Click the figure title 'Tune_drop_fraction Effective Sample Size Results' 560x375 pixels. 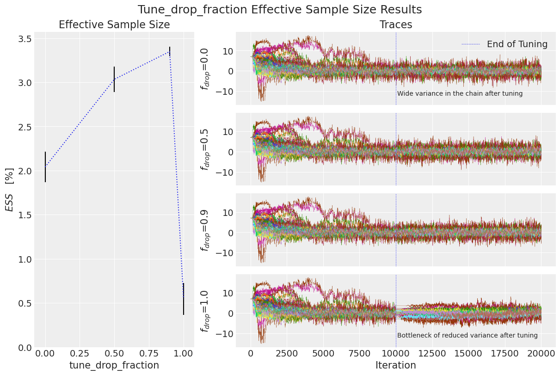coord(280,10)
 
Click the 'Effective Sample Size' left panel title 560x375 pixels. coord(114,25)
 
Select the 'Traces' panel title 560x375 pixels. coord(396,25)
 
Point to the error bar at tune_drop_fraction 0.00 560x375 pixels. coord(45,167)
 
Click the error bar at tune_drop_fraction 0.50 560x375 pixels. coord(114,79)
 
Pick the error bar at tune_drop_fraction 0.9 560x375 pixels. coord(170,51)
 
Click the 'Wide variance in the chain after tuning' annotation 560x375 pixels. coord(460,93)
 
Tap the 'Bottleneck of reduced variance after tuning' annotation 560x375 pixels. coord(467,335)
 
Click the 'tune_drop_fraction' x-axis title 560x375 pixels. coord(114,365)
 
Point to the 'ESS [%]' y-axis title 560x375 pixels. coord(10,189)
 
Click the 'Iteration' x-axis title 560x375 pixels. coord(396,365)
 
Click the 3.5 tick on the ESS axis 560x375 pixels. coord(25,39)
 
